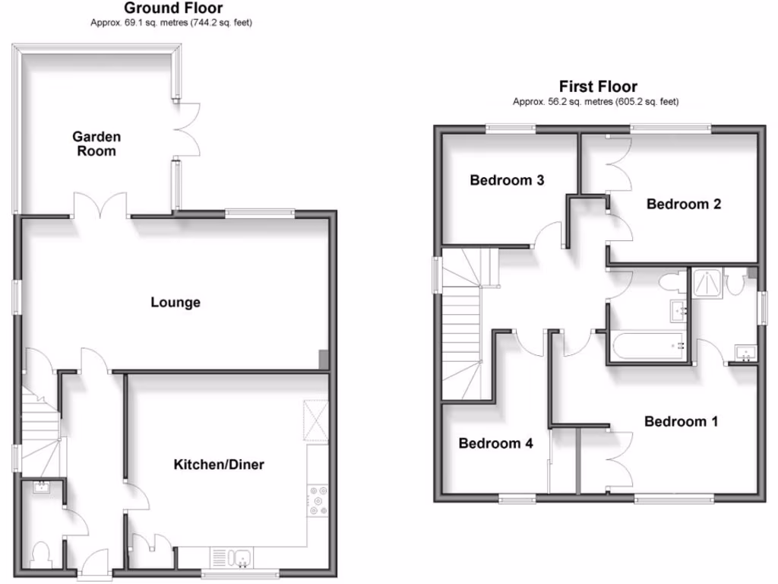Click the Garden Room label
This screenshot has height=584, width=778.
tap(96, 144)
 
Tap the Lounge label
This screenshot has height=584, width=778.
tap(176, 303)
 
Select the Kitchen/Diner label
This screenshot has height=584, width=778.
tap(219, 464)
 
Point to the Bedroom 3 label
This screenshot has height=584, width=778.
tap(507, 180)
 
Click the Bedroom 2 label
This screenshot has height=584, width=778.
tap(683, 204)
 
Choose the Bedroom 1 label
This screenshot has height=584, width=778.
tap(681, 421)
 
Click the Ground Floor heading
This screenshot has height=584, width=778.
tap(173, 8)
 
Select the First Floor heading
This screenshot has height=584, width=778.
tap(598, 87)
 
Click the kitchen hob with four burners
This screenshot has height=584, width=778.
tap(318, 503)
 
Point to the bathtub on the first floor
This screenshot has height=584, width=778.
tap(646, 347)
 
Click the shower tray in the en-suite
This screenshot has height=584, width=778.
tap(707, 284)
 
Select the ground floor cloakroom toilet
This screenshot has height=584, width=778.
tap(42, 553)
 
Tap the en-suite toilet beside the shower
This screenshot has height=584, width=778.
tap(734, 284)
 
